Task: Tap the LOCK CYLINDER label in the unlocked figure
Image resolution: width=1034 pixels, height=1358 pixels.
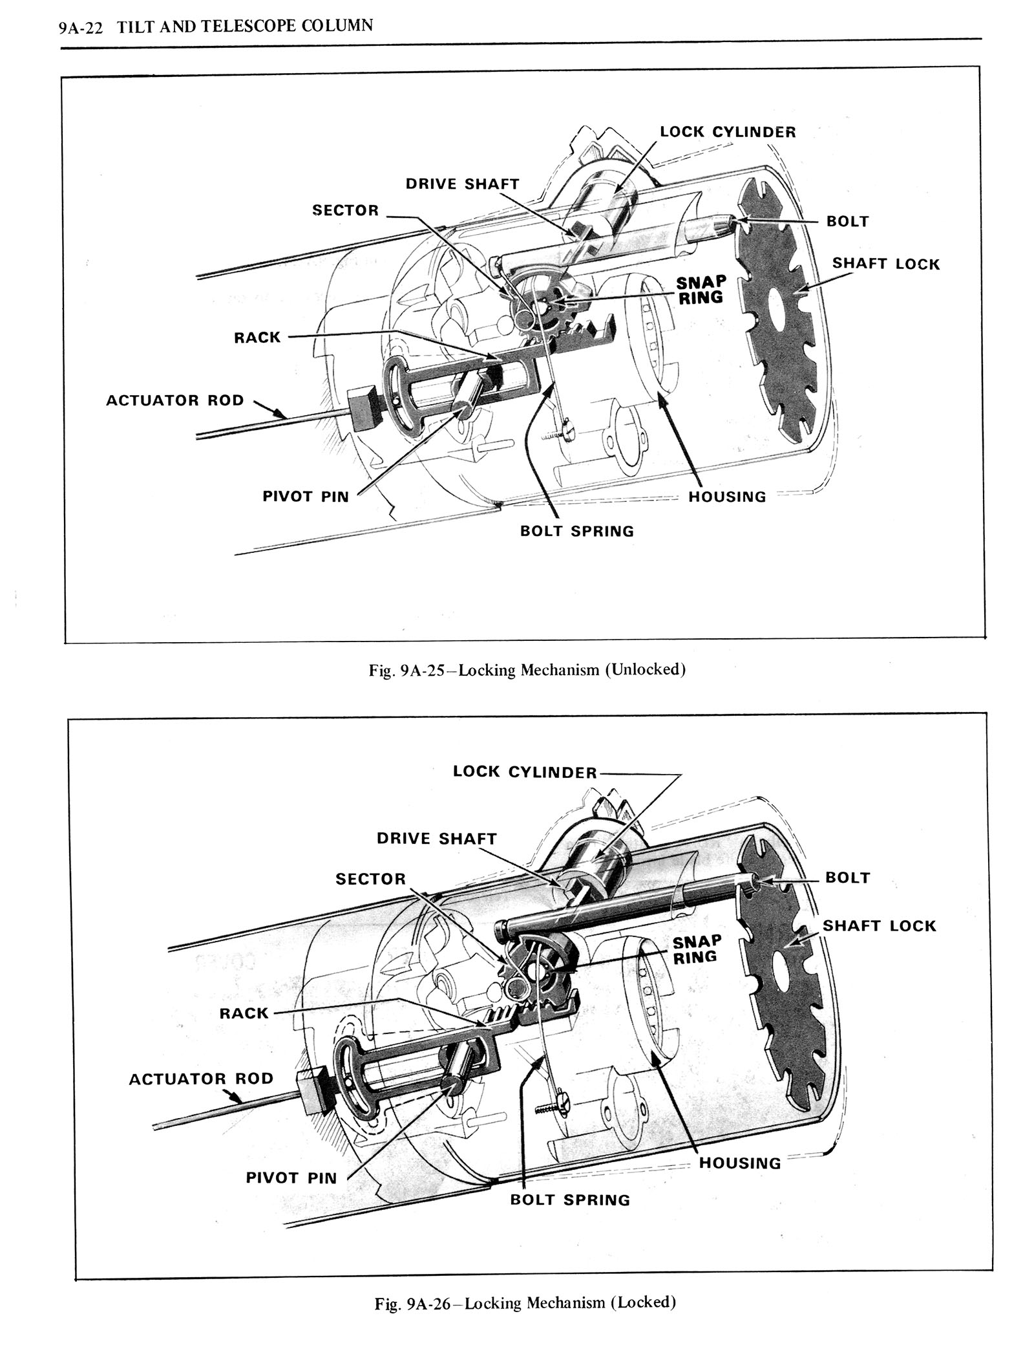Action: click(728, 132)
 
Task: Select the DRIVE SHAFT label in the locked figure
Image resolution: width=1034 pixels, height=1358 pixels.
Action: click(437, 839)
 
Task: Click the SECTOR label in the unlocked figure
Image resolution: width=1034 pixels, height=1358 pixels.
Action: click(345, 210)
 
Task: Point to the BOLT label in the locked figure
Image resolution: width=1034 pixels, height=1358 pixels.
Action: click(848, 878)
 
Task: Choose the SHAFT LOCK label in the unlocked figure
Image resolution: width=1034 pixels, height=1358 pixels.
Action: click(885, 264)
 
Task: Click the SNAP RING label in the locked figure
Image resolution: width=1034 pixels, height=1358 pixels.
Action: click(696, 949)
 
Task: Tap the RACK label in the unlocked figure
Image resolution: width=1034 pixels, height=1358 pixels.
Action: click(257, 338)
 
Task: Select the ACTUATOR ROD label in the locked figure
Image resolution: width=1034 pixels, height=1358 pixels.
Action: click(201, 1079)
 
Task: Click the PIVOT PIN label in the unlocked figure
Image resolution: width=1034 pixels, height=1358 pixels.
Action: click(305, 497)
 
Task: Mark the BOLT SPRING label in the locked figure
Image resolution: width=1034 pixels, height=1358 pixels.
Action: click(569, 1200)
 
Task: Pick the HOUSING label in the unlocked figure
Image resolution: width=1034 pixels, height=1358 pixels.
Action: click(727, 497)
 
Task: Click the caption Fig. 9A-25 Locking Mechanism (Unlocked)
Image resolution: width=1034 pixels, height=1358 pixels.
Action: click(527, 669)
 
